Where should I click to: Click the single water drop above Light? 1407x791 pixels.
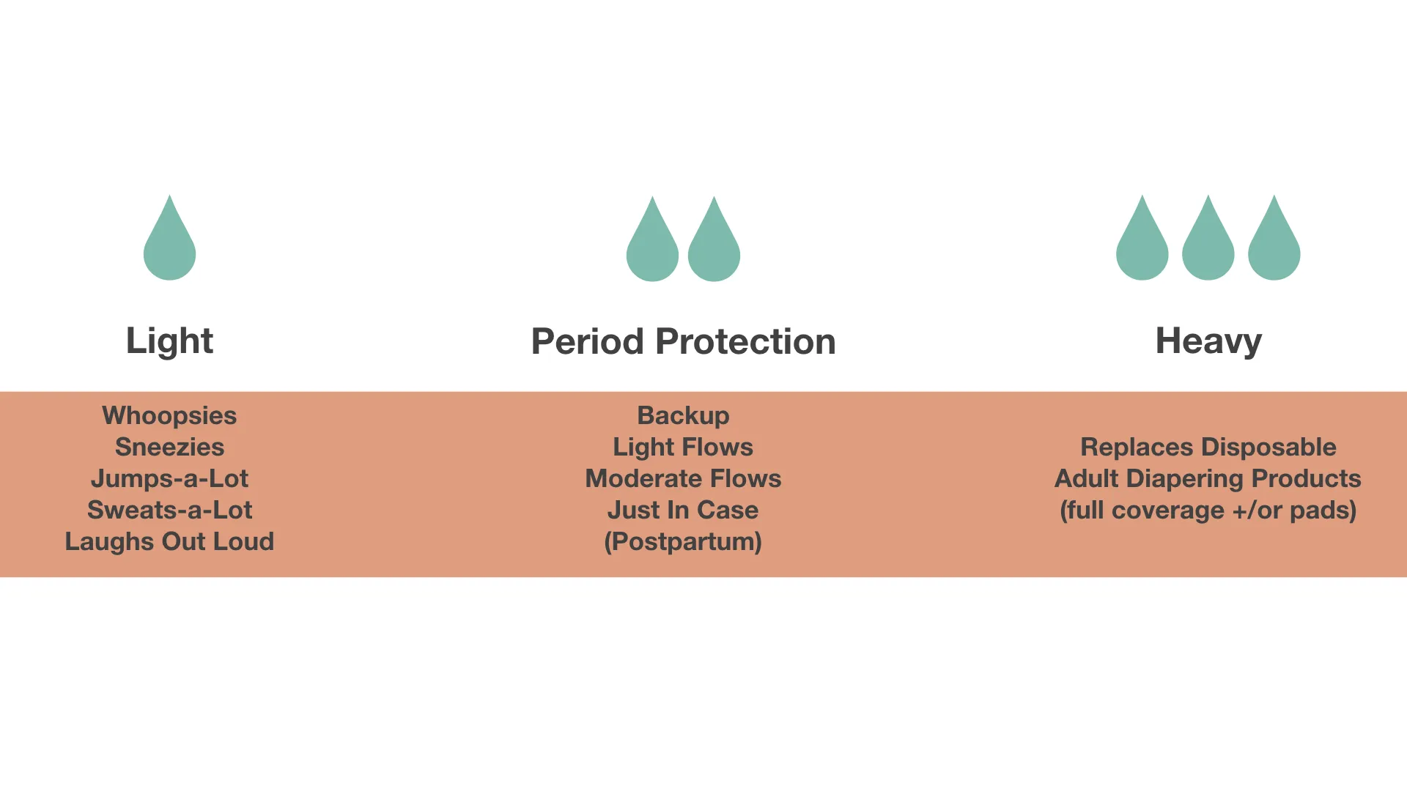tap(169, 242)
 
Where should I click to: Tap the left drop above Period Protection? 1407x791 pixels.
tap(652, 243)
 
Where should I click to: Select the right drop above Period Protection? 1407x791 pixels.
tap(714, 243)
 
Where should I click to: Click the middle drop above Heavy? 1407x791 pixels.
tap(1208, 242)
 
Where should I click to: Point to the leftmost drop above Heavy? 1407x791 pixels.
tap(1142, 242)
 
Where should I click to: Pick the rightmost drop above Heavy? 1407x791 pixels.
tap(1274, 242)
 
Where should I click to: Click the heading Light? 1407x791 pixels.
tap(169, 341)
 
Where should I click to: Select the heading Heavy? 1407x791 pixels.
tap(1208, 341)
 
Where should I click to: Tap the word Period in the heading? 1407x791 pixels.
tap(588, 341)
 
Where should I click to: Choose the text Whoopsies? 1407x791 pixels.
tap(169, 416)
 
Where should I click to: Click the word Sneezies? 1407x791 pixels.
tap(169, 447)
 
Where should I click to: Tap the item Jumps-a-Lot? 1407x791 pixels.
tap(169, 479)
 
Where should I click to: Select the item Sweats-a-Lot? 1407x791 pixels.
tap(169, 510)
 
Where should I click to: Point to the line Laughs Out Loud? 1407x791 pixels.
tap(169, 541)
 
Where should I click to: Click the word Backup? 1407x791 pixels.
tap(683, 416)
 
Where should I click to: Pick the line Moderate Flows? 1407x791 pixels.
tap(683, 478)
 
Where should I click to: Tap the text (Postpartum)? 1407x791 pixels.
tap(683, 542)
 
